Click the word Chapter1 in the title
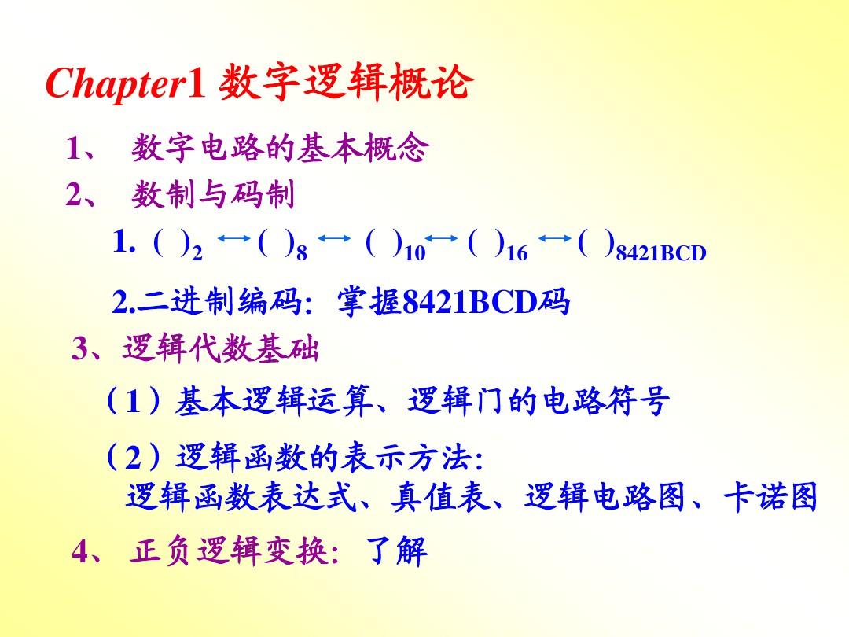(x=126, y=83)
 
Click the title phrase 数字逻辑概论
(x=345, y=82)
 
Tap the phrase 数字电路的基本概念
(x=280, y=147)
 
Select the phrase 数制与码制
(x=213, y=194)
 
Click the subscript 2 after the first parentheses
(x=197, y=252)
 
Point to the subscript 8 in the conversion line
(x=302, y=252)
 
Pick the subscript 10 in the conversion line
(x=415, y=252)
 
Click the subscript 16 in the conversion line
(x=516, y=252)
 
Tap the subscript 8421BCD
(x=661, y=253)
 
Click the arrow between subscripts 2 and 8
(x=234, y=237)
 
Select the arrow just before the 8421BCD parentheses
(x=555, y=237)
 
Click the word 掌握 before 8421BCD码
(x=369, y=301)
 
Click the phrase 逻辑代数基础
(x=220, y=348)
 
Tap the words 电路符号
(x=606, y=401)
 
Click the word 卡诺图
(x=770, y=497)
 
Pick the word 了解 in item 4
(x=397, y=551)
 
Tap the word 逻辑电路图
(x=605, y=497)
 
